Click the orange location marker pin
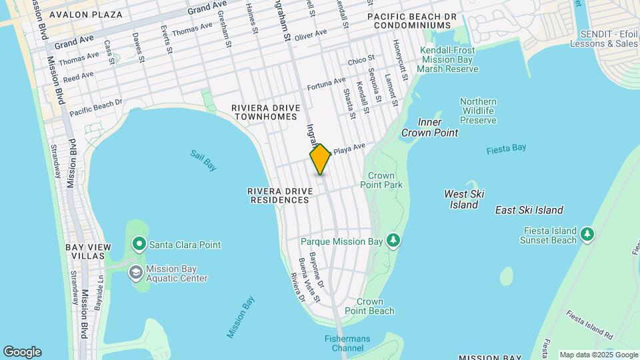[x=320, y=159]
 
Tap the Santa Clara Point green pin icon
[x=139, y=245]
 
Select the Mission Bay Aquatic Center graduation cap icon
[x=136, y=272]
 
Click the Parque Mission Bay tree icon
[x=394, y=240]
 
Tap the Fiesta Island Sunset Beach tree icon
[x=587, y=233]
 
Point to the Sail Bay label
[x=203, y=160]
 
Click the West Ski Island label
[x=464, y=199]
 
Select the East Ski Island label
[x=529, y=210]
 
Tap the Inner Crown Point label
[x=429, y=127]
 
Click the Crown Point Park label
[x=381, y=180]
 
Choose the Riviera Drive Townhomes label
[x=263, y=112]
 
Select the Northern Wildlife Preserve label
[x=478, y=111]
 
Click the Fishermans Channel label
[x=347, y=343]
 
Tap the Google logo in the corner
[x=22, y=352]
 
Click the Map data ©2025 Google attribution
[x=597, y=355]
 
